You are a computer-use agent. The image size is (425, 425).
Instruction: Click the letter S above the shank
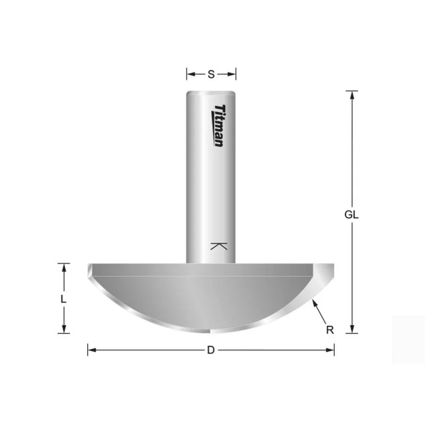(x=211, y=74)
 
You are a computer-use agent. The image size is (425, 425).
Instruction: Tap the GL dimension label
(x=351, y=215)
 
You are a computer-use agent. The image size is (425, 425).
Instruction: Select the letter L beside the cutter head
(x=63, y=299)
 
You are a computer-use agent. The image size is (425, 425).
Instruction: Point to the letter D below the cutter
(x=211, y=350)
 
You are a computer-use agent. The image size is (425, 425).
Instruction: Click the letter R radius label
(x=330, y=330)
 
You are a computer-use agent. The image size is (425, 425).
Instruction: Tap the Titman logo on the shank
(x=218, y=125)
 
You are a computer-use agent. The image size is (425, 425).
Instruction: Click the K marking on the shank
(x=219, y=246)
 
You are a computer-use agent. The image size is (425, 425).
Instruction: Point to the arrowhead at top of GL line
(x=352, y=95)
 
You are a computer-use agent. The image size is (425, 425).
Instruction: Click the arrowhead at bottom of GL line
(x=352, y=329)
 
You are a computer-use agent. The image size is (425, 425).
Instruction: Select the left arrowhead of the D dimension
(x=92, y=350)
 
